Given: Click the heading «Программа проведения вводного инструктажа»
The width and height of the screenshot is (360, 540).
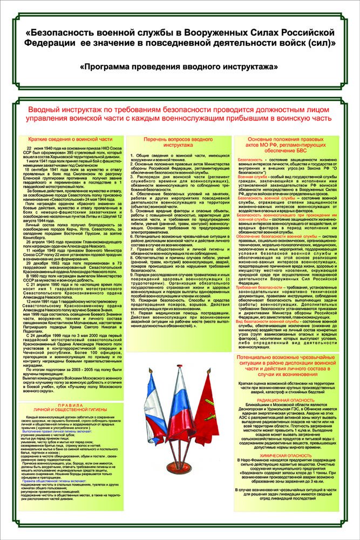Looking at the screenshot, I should click(x=180, y=66).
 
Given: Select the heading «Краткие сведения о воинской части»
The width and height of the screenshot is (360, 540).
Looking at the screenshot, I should click(x=66, y=139).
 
